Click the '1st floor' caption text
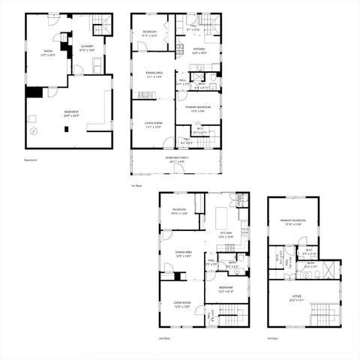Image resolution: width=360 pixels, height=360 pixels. tap(137, 185)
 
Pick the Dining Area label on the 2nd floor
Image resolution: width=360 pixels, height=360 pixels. tap(184, 253)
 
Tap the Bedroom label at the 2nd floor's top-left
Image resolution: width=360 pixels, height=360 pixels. tap(178, 211)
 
